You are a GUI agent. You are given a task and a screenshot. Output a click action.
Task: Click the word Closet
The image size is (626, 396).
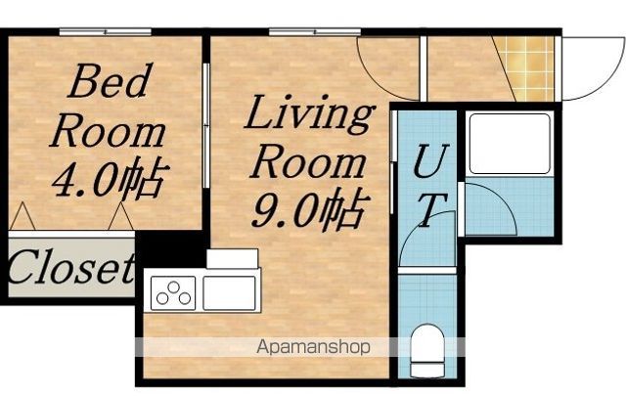point(71,267)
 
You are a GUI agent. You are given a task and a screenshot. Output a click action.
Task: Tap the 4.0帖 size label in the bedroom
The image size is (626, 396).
point(110,179)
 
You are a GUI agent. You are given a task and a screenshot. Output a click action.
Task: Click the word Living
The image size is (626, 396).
point(309,113)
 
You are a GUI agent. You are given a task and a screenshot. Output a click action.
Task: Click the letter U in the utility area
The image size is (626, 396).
point(430,160)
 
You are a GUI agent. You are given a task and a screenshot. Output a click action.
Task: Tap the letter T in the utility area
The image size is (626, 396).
point(432,210)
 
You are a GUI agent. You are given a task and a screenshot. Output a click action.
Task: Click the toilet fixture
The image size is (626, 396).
point(427,350)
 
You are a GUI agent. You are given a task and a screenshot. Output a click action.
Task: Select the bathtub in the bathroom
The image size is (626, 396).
point(510,144)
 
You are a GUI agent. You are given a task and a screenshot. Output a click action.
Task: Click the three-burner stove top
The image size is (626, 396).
point(173,293)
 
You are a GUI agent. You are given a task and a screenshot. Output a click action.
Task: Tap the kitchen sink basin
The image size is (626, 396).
point(229,293)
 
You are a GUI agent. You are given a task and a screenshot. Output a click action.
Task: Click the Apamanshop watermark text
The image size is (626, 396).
point(313,347)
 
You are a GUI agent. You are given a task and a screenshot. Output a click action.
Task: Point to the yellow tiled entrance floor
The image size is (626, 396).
point(527,68)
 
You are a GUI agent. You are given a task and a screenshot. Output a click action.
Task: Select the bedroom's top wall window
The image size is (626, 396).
point(106,32)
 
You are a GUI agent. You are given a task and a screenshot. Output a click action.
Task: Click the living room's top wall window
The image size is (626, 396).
point(315,32)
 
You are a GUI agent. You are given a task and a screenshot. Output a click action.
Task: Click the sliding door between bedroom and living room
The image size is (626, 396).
point(206,126)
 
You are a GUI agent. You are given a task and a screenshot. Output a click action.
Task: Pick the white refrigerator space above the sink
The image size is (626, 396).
point(233,259)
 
